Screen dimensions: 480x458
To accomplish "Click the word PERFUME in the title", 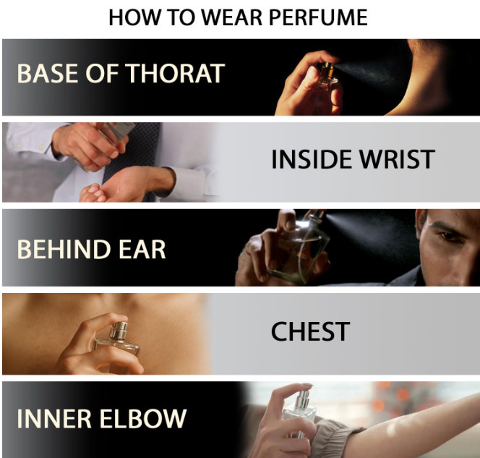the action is coord(318,17).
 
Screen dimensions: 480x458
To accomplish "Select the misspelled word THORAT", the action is coord(176,73).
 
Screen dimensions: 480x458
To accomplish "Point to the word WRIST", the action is coord(397,159).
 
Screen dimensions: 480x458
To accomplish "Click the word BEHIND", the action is coord(64,249).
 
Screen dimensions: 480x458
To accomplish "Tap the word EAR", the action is coord(142,249).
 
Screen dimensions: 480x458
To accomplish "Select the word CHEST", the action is coord(310,331).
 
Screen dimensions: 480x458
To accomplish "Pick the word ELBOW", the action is coord(143,418).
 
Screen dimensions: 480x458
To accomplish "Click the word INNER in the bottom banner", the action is coord(54,418).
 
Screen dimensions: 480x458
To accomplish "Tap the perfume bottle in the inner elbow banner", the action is coord(299,414).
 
